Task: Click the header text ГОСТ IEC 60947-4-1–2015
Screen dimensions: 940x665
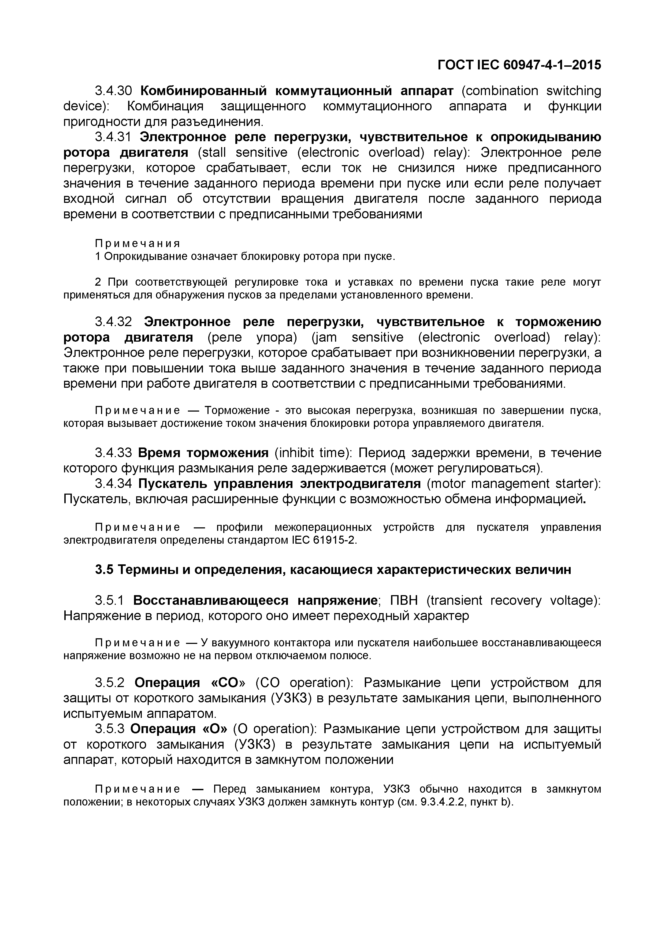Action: pos(519,65)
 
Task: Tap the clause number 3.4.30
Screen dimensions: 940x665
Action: pos(113,91)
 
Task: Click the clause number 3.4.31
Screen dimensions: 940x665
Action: pos(113,137)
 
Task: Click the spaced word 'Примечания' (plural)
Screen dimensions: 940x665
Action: pos(138,244)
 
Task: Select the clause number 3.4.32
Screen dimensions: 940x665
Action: pos(113,322)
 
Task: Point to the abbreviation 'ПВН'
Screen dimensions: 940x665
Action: pos(404,600)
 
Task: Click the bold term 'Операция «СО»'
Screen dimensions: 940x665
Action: pos(189,683)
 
